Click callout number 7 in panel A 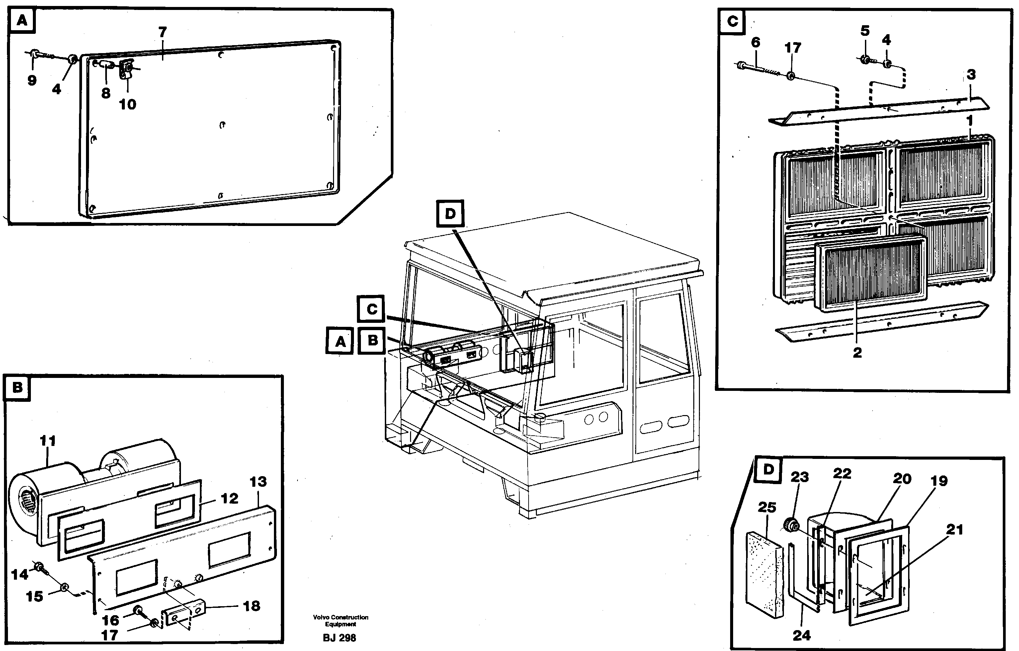(162, 32)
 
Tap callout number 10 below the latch (127, 105)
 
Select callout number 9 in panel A (32, 80)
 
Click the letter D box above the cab (450, 214)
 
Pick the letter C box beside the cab (371, 309)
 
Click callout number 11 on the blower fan (47, 441)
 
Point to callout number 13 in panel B (258, 481)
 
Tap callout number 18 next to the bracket (251, 606)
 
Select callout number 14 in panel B (20, 574)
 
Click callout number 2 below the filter (857, 352)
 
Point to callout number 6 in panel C (755, 42)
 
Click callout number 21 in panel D (954, 529)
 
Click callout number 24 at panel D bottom (801, 635)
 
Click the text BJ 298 (339, 638)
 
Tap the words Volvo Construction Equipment (341, 620)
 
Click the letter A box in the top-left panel (22, 20)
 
